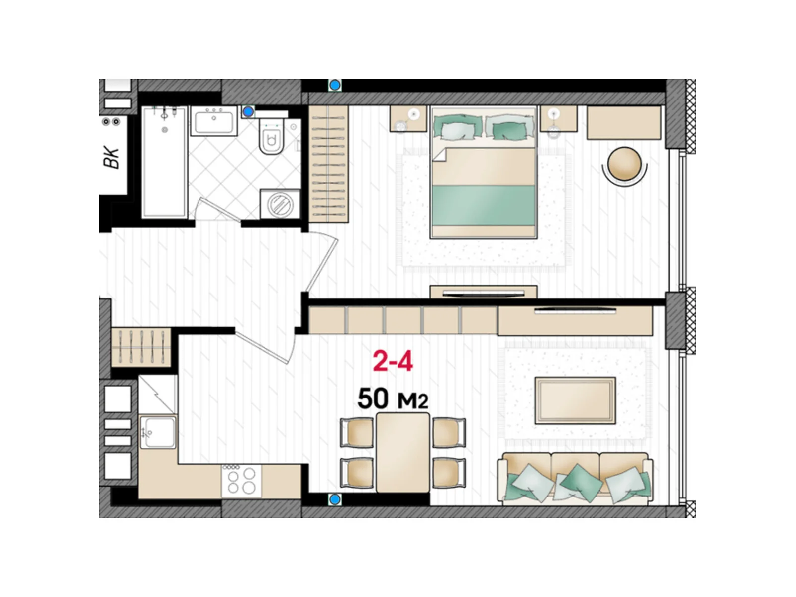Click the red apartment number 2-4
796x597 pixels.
tap(393, 361)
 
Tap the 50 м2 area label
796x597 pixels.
tap(393, 398)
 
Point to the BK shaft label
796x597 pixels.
tap(112, 157)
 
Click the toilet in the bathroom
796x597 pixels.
tap(271, 137)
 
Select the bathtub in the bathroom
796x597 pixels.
tap(164, 162)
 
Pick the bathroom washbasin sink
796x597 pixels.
tap(213, 121)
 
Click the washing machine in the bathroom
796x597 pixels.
tap(280, 204)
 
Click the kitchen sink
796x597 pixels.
tap(158, 432)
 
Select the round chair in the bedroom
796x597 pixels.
tap(624, 165)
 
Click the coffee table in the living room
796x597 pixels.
tap(575, 400)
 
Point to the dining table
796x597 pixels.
tap(402, 452)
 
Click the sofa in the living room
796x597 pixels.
tap(575, 478)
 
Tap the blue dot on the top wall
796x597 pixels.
tap(335, 85)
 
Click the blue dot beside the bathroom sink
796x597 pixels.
tap(248, 112)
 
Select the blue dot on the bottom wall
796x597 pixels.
tap(335, 499)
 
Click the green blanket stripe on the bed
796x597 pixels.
tap(484, 205)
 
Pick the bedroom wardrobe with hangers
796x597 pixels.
tap(328, 164)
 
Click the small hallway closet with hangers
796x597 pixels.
tap(141, 347)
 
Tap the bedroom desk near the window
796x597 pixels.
tap(624, 122)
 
